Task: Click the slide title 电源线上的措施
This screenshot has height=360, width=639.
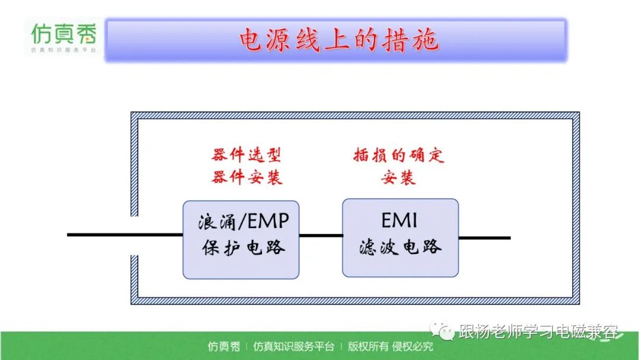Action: tap(338, 40)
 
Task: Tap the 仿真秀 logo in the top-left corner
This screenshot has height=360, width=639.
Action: tap(63, 37)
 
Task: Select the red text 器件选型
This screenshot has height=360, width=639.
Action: tap(247, 155)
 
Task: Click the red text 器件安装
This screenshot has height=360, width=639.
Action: tap(247, 177)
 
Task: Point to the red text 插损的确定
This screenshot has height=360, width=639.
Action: tap(399, 155)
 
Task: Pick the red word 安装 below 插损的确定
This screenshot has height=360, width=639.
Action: tap(398, 178)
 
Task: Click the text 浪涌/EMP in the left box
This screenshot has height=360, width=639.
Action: tap(243, 222)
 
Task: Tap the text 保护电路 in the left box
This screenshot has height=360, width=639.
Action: tap(243, 247)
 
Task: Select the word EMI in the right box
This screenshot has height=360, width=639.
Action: tap(399, 221)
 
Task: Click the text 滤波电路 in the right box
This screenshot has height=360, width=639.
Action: tap(400, 247)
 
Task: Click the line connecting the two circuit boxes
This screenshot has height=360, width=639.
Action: tap(321, 235)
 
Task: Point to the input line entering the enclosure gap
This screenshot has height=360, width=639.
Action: tap(125, 234)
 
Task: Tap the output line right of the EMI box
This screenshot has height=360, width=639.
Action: tap(485, 237)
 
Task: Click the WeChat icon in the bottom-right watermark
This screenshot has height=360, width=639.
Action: tap(442, 330)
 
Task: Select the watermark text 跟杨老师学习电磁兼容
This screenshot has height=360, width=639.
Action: tap(538, 331)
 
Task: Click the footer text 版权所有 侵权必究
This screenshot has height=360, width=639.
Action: tap(390, 346)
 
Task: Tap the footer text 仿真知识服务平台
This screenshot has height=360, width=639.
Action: tap(293, 346)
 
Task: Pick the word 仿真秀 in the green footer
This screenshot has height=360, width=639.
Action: tap(224, 346)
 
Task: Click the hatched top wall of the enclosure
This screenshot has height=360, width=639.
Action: tap(355, 115)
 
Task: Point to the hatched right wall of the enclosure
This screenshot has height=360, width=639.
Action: tap(576, 208)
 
